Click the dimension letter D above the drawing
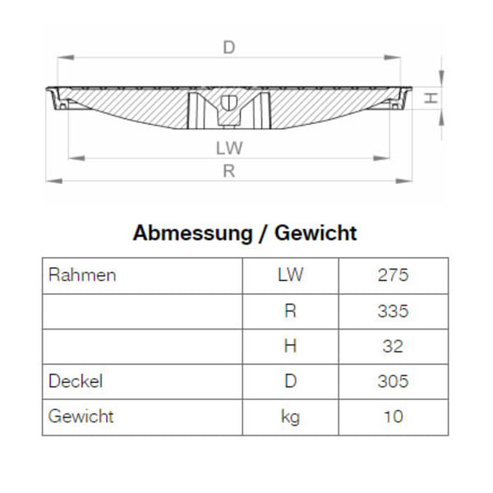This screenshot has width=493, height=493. pos(229,48)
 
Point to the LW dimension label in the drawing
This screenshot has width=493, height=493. pos(229,148)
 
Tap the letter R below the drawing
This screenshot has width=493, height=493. pos(229,171)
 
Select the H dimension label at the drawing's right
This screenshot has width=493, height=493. pos(429,99)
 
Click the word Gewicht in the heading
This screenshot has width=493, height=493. pos(316,233)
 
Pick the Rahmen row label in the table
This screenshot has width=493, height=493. pos(82,275)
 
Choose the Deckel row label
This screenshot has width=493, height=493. pos(76,381)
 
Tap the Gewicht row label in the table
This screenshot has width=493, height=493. pos(81,417)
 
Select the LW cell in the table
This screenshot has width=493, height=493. pos(290,275)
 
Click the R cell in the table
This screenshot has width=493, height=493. pos(290,311)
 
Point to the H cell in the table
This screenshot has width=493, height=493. pos(290,346)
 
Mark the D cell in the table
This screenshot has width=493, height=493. pos(290,381)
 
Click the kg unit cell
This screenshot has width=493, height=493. pos(290,417)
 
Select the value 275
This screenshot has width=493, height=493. pos(393,275)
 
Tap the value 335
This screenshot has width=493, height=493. pos(393,311)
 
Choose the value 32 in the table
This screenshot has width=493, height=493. pos(393,346)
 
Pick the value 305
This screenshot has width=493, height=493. pos(393,381)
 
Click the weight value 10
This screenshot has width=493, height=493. pos(393,417)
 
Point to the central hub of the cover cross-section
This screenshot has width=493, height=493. pos(229,108)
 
